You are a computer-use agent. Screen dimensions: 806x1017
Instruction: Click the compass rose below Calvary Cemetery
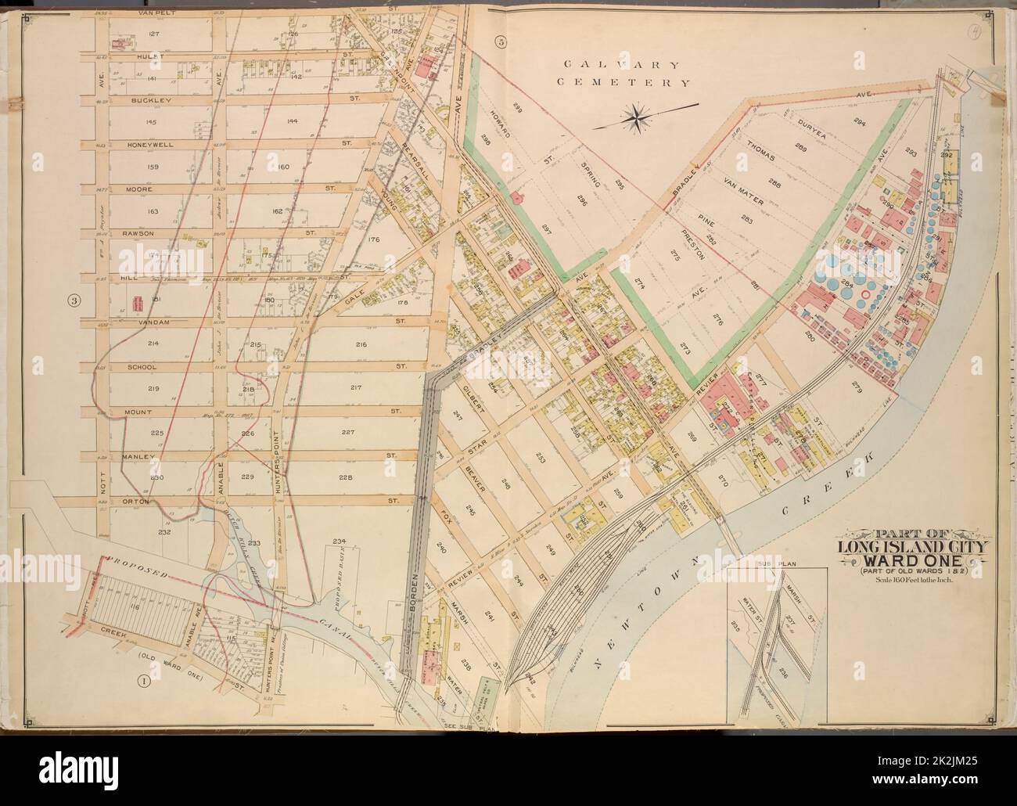click(641, 117)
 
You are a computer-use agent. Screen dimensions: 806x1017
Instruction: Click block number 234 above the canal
click(339, 541)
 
